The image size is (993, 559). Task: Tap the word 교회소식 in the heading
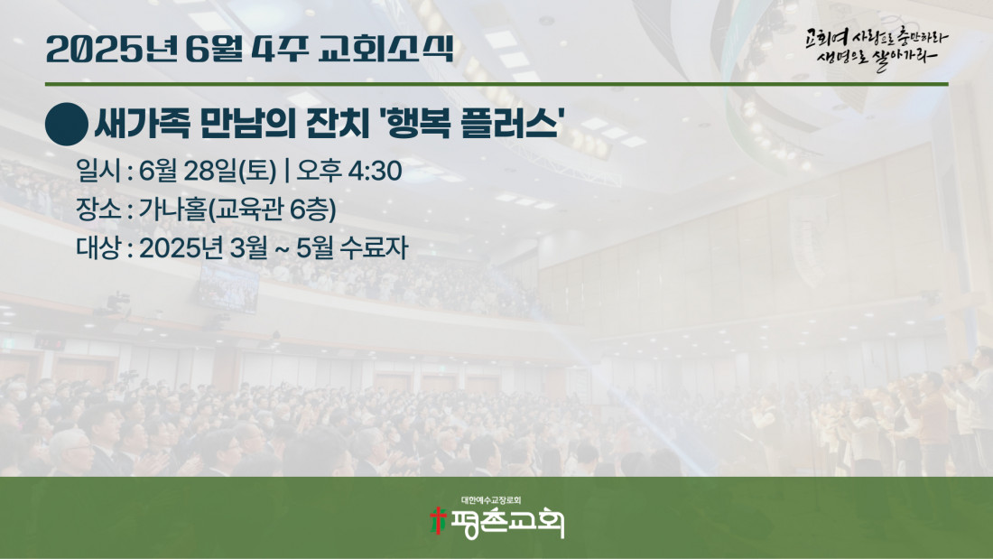pos(385,48)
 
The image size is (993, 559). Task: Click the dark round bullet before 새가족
pos(67,125)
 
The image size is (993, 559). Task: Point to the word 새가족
pos(142,124)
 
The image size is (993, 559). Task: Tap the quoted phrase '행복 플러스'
pos(470,124)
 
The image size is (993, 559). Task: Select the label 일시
pos(98,171)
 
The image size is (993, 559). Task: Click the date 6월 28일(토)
pos(208,171)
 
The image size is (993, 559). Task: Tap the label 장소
pos(98,210)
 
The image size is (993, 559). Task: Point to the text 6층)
pos(313,210)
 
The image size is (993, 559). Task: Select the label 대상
pos(98,247)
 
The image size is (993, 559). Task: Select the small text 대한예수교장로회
pos(491,500)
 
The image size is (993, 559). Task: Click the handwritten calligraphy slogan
pos(877,48)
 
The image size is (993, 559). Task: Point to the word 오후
pos(319,171)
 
